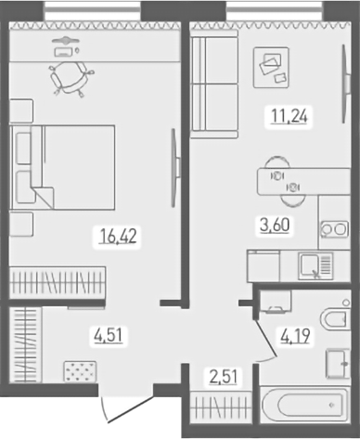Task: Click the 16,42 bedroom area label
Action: click(x=118, y=236)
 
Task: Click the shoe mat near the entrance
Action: click(x=80, y=371)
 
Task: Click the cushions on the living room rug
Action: click(x=272, y=64)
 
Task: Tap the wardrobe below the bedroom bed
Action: click(x=58, y=280)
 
